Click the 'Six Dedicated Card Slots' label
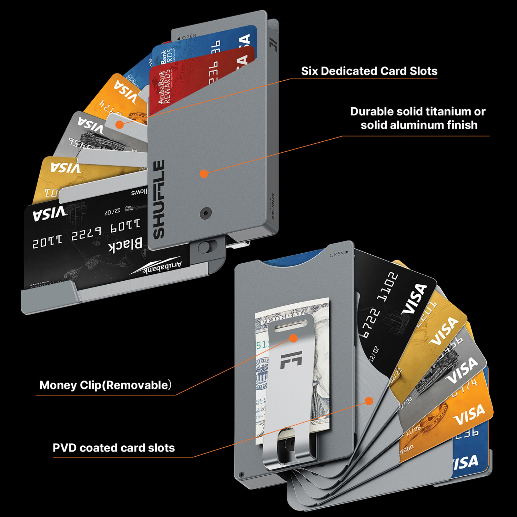369,71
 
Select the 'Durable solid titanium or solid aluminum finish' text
418,118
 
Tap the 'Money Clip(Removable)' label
105,385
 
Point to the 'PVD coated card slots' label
114,448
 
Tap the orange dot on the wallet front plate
204,173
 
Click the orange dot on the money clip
293,338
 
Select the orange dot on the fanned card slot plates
369,401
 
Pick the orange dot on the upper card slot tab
120,124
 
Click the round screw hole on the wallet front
206,213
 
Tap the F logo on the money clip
291,360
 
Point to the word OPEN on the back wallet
337,254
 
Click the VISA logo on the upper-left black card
50,214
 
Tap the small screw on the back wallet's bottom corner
242,475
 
